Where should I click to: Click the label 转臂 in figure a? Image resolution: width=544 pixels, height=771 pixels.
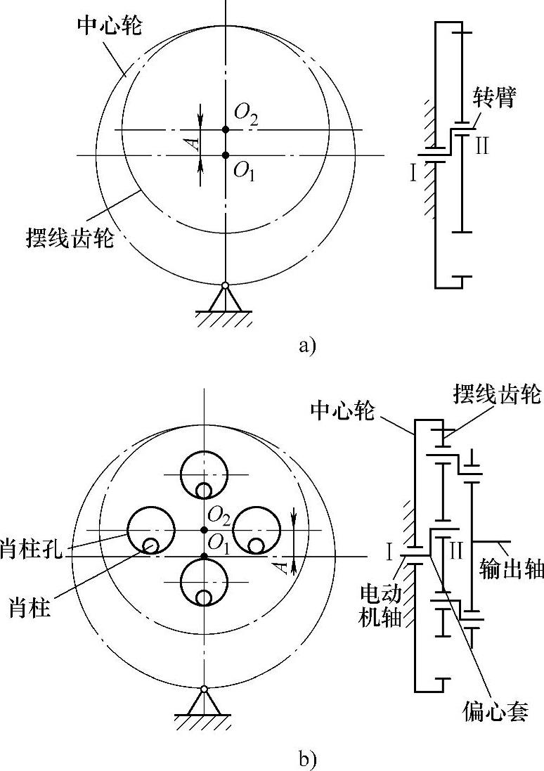click(496, 99)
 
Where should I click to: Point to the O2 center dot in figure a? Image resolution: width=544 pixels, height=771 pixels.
click(225, 129)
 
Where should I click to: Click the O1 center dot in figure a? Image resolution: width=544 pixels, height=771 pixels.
click(225, 155)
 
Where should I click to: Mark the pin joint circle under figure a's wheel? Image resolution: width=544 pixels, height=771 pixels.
click(225, 285)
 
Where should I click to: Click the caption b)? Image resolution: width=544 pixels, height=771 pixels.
click(308, 758)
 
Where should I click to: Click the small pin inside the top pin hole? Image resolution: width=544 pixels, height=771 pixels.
click(204, 490)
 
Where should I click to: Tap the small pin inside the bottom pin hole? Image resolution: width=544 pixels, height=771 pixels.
click(204, 597)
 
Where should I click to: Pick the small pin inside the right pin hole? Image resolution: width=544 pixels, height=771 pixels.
click(257, 545)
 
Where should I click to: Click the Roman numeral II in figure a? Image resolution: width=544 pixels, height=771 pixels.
click(481, 147)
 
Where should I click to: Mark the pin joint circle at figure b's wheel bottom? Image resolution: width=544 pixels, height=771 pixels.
click(204, 689)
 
